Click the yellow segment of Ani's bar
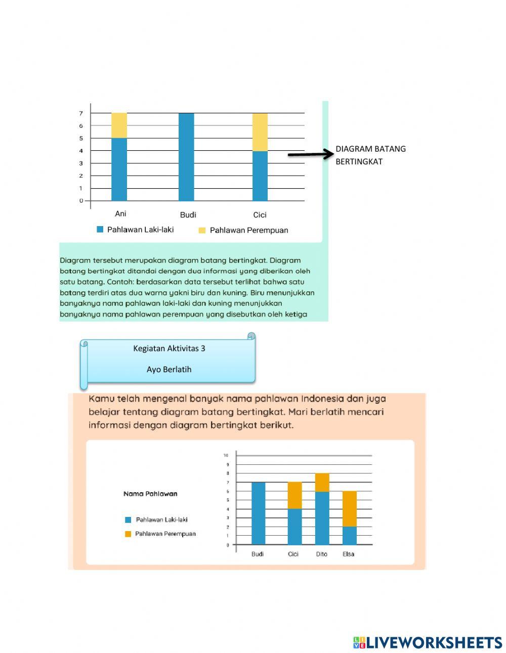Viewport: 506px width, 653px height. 119,125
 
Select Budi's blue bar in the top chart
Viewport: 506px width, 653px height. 186,157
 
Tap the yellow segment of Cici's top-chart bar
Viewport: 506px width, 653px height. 260,132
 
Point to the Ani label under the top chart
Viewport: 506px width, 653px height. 120,214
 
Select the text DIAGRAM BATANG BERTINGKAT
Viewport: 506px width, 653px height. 370,155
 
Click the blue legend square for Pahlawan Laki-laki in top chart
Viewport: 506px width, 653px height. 100,230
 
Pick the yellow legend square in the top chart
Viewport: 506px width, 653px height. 202,231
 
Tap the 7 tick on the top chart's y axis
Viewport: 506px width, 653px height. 81,113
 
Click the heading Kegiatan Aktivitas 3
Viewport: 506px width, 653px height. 169,349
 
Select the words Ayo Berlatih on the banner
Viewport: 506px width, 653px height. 169,370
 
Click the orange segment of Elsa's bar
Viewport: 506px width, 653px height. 350,509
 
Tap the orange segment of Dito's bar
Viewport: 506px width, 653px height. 322,483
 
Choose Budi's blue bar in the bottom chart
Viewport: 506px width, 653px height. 258,513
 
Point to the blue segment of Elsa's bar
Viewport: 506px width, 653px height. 350,536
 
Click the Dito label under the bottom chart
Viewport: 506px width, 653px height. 322,554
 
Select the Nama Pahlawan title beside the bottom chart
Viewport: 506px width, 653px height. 150,494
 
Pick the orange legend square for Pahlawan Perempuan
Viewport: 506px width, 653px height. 128,534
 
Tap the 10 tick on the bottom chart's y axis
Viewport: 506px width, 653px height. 226,455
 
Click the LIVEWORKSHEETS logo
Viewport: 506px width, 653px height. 428,642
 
